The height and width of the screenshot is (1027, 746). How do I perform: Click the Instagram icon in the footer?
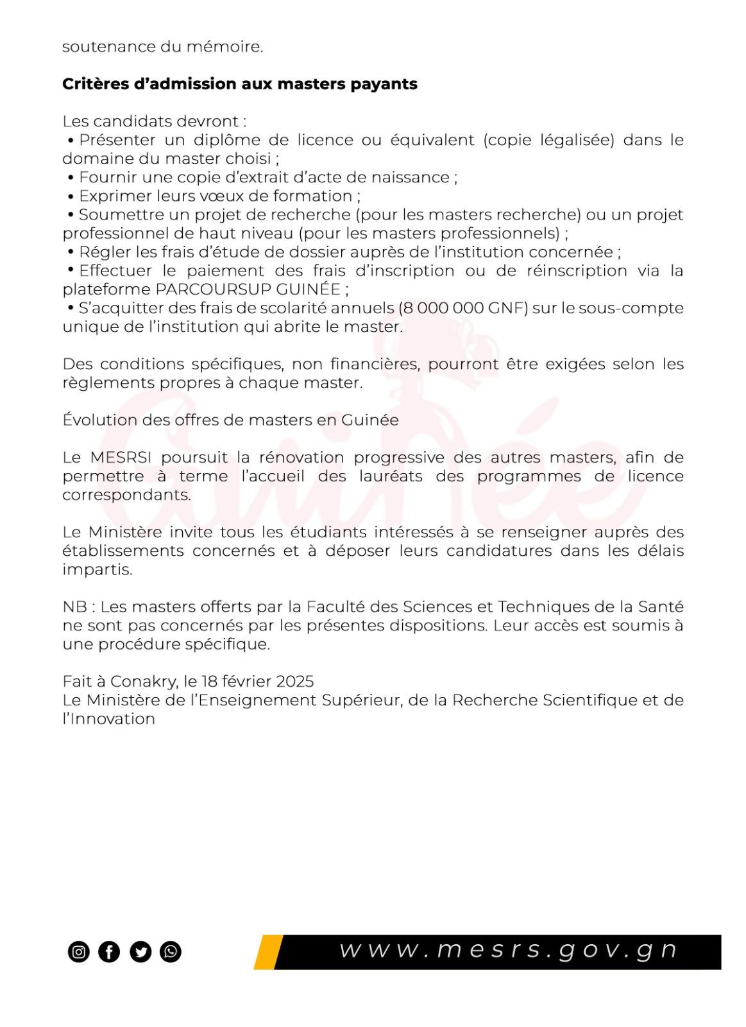click(x=78, y=951)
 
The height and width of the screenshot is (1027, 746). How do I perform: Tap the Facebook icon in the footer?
click(x=109, y=951)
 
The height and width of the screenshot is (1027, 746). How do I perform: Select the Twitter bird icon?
click(x=140, y=951)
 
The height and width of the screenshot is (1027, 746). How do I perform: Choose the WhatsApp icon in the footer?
click(x=171, y=951)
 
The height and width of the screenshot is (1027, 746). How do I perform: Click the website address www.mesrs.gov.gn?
click(x=507, y=950)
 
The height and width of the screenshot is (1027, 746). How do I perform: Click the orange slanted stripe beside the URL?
click(x=268, y=952)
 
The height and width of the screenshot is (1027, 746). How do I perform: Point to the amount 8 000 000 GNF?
click(x=463, y=308)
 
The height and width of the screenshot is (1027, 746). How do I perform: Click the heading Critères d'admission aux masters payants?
click(x=239, y=84)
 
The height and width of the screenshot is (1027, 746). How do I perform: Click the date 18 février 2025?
click(x=257, y=681)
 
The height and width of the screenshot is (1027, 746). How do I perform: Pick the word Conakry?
click(x=144, y=681)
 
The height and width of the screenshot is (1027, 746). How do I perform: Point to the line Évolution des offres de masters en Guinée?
click(x=230, y=420)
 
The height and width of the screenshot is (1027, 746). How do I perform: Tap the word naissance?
click(x=418, y=177)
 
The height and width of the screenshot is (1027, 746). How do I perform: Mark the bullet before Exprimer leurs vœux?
click(x=71, y=196)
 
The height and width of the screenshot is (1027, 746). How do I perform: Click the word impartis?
click(x=97, y=570)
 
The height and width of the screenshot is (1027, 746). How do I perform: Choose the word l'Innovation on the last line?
click(x=108, y=719)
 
